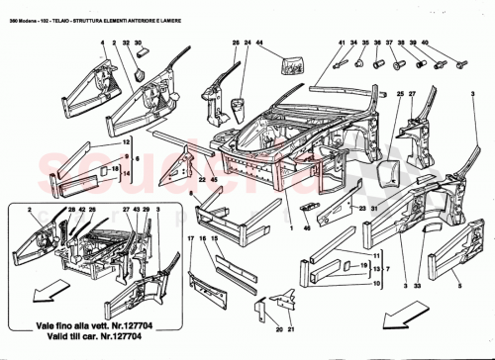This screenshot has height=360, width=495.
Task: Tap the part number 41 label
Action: (340, 44)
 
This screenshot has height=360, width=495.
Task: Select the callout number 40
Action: (425, 44)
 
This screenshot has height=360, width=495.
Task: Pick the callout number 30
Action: (139, 44)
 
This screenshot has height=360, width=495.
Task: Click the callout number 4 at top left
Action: (102, 44)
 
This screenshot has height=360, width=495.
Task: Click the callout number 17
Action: (190, 242)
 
